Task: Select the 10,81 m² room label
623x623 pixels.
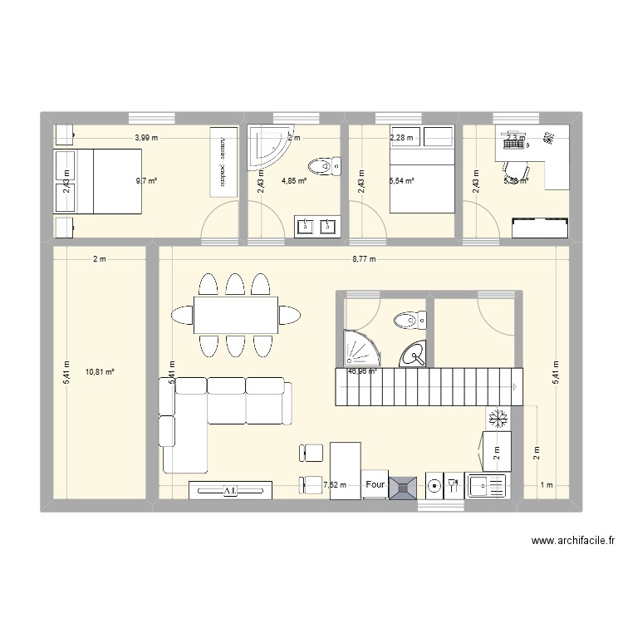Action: [x=100, y=372]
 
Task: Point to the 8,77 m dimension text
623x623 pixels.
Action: [x=364, y=259]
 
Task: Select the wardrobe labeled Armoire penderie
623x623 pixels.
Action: [x=223, y=161]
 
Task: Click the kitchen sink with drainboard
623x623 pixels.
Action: [x=486, y=487]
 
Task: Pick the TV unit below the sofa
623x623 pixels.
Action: [x=230, y=490]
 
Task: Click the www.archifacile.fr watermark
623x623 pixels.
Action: [x=572, y=541]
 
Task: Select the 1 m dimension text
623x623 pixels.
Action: [x=546, y=485]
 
